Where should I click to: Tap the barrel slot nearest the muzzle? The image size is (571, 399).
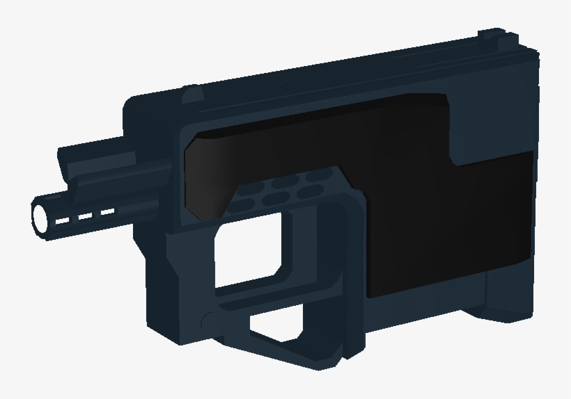64,220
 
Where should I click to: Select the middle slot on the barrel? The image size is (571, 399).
86,216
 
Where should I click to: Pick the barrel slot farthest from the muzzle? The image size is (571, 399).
108,211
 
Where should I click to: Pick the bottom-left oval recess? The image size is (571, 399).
241,206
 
